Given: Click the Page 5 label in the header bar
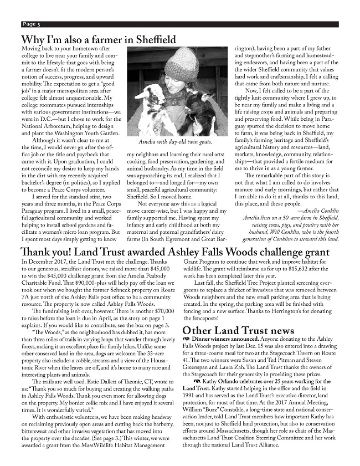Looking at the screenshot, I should (x=31, y=24).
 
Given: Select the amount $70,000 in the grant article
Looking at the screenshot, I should (x=159, y=313).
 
